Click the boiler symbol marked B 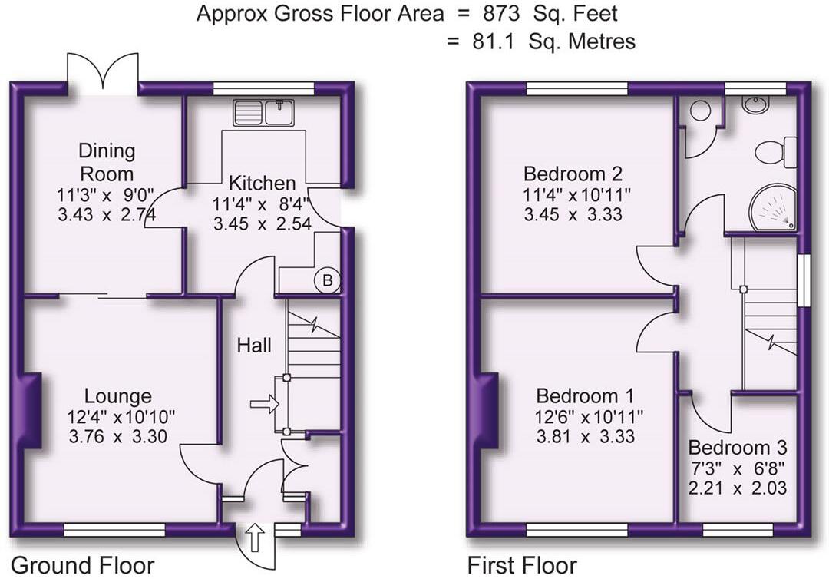pos(327,282)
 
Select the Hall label pos(253,346)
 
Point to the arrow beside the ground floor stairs pos(264,404)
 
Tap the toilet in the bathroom pos(776,152)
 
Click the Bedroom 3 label pos(737,448)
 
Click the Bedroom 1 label pos(584,396)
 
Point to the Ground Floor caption pos(82,566)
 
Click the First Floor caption pos(522,566)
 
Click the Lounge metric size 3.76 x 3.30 pos(117,436)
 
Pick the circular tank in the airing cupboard pos(700,111)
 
